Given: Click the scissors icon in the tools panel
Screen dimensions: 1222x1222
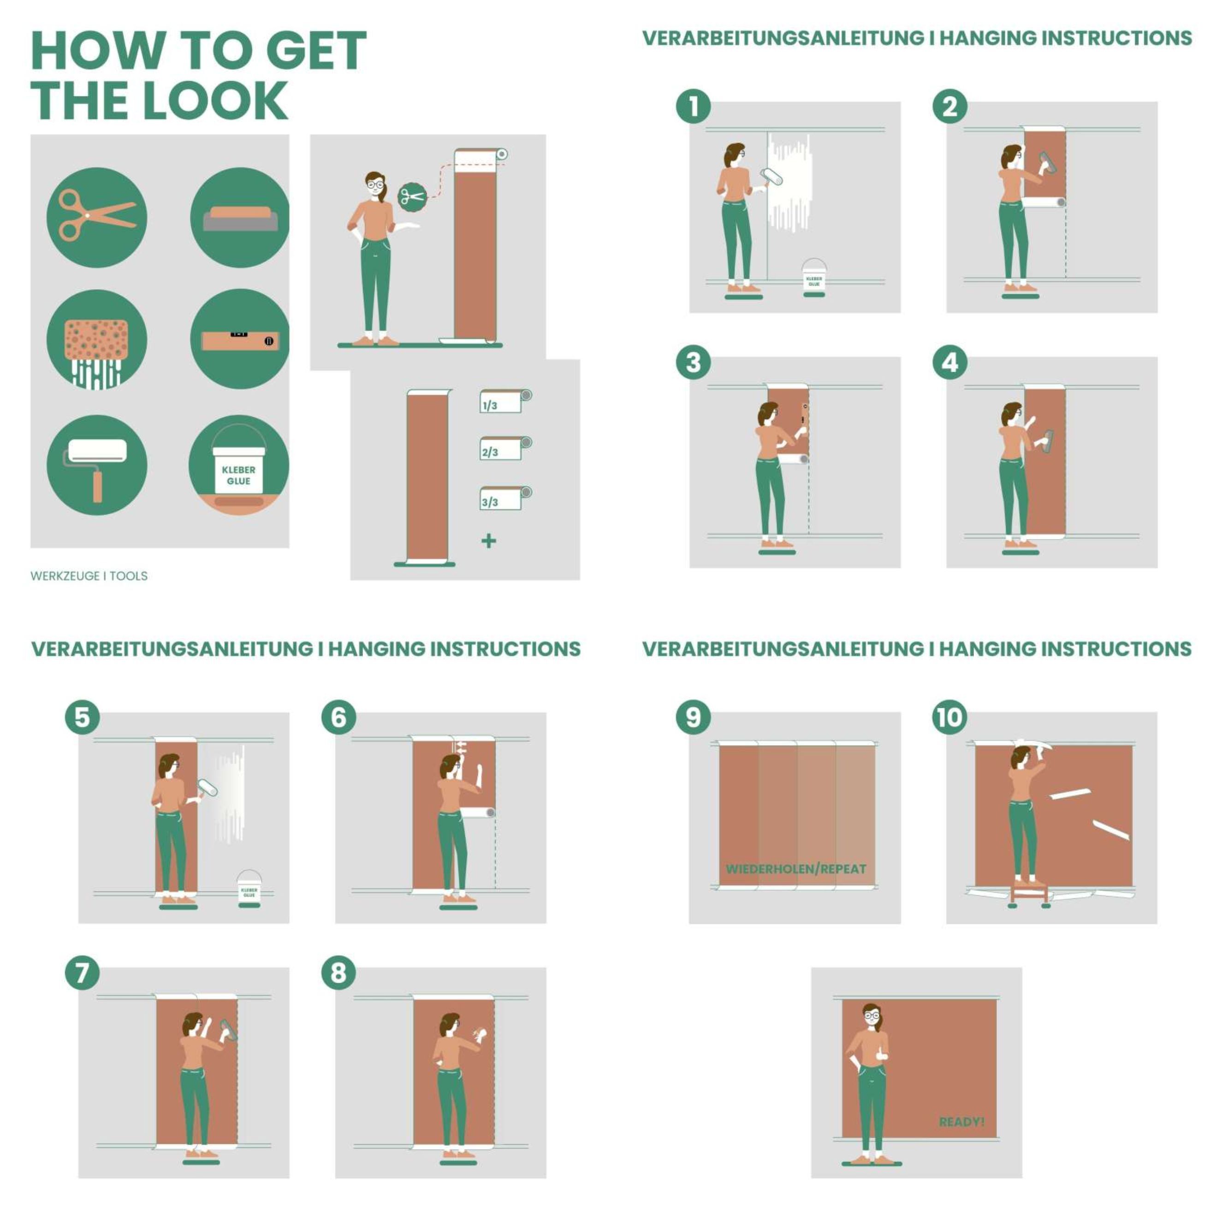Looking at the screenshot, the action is [97, 217].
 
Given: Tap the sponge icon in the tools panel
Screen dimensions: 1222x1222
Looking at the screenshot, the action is [97, 340].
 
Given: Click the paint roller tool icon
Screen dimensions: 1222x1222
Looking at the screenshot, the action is [97, 465].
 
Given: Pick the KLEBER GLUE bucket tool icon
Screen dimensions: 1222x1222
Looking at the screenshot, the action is [239, 465].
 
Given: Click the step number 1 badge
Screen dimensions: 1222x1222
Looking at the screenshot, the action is [693, 106].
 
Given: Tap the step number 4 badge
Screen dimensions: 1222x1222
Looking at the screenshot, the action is [950, 362].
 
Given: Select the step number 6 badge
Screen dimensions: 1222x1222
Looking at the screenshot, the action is [338, 717].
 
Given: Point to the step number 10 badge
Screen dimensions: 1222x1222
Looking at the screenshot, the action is [950, 717].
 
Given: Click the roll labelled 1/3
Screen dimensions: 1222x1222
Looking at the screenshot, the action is [505, 401].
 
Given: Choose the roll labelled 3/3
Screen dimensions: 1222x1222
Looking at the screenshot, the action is [505, 498].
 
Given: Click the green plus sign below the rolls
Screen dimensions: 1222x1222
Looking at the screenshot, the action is [488, 541].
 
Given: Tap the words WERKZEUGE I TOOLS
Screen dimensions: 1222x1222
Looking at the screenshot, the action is [89, 575].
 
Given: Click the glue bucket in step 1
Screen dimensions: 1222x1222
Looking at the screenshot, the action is [814, 277].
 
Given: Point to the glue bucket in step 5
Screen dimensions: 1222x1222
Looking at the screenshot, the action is [249, 889].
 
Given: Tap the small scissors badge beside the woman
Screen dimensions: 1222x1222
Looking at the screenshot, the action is [412, 197].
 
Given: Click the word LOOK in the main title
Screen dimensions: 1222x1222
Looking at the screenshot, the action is [216, 101].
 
